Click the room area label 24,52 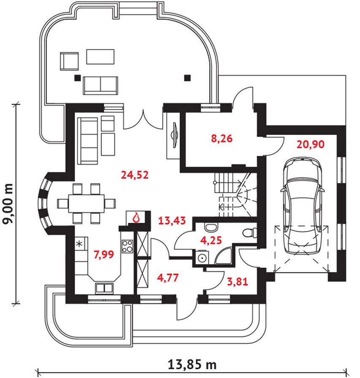tap(135, 175)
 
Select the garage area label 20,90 tap(311, 144)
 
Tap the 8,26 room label tap(222, 139)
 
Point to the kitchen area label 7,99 tap(104, 254)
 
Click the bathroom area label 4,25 tap(211, 240)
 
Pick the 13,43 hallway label tap(172, 220)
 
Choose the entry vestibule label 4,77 tap(168, 278)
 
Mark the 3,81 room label tap(238, 281)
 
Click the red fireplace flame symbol tap(136, 217)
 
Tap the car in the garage tap(303, 205)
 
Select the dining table tap(87, 204)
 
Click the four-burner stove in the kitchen tap(127, 246)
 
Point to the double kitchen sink tap(104, 288)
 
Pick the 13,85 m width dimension tap(192, 364)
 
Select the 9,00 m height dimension tap(8, 204)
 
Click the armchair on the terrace tap(69, 62)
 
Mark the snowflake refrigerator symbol tap(79, 244)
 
